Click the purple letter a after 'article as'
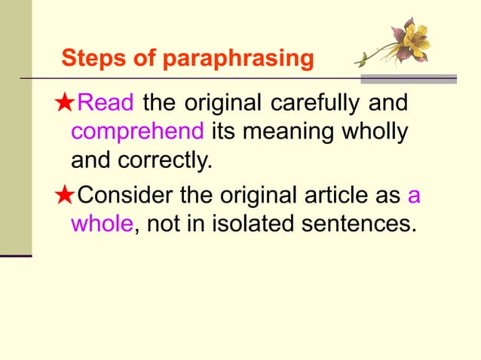414,196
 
